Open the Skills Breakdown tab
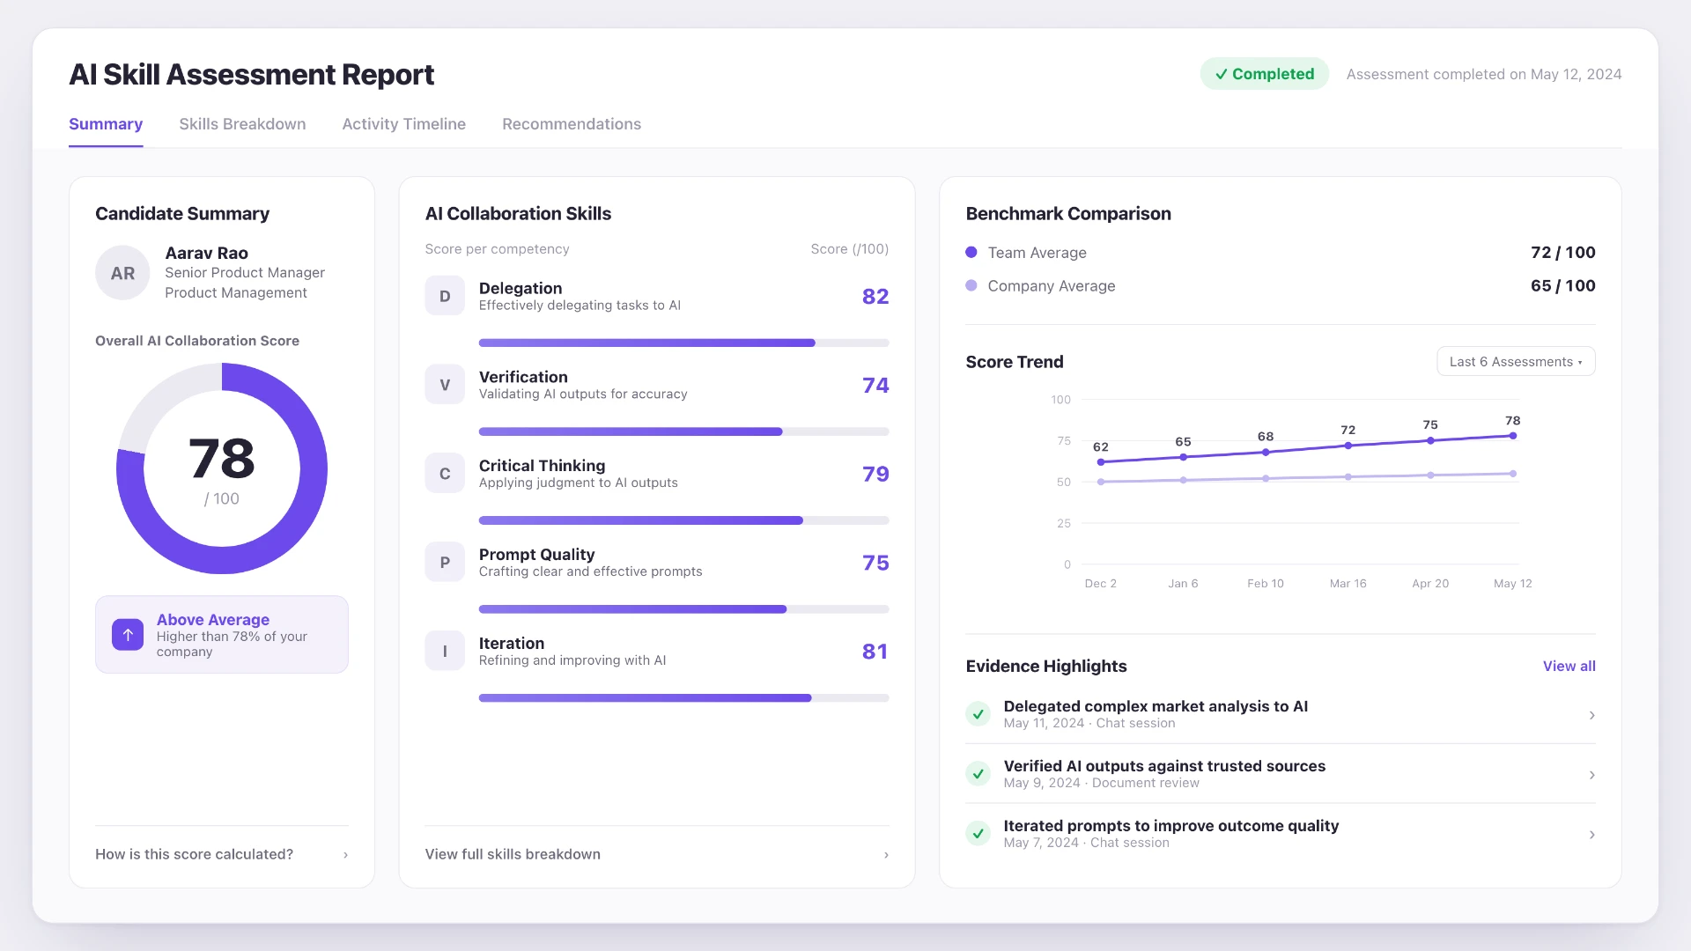click(x=242, y=124)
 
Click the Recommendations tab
click(x=572, y=124)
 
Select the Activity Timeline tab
click(x=404, y=124)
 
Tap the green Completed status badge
click(x=1264, y=74)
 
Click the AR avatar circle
click(x=122, y=273)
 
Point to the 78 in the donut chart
click(x=222, y=459)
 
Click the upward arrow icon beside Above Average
click(x=128, y=635)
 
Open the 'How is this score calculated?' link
click(x=194, y=854)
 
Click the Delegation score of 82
click(x=875, y=297)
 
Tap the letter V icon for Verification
click(x=445, y=385)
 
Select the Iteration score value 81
click(x=875, y=652)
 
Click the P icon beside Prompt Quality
click(x=445, y=562)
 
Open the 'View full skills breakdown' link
click(x=513, y=854)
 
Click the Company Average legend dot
click(x=971, y=285)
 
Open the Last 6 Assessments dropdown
click(x=1516, y=362)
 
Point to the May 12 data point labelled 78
click(x=1513, y=436)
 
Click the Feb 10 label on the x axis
click(x=1266, y=584)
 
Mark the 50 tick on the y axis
click(x=1064, y=483)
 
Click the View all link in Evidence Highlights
click(x=1569, y=667)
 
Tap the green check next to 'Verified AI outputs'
click(x=978, y=774)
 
